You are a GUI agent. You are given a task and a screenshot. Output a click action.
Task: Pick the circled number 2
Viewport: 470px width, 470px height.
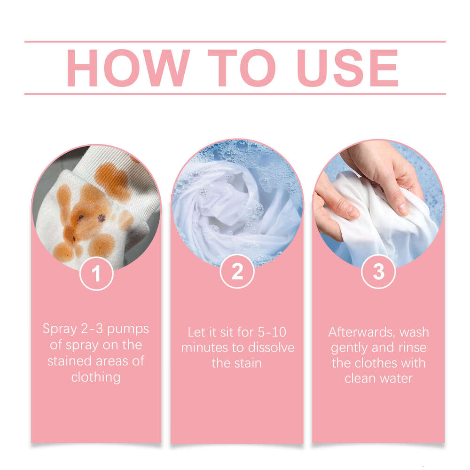237,272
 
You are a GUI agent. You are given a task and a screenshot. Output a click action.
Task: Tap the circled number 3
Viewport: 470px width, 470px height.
378,272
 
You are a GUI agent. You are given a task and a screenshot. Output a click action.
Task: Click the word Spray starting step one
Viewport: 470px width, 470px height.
59,329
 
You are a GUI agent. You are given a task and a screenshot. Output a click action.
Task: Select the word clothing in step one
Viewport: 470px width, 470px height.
96,377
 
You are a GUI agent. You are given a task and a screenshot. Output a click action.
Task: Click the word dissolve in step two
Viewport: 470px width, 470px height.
272,348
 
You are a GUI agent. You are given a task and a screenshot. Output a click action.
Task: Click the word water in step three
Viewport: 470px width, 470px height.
398,378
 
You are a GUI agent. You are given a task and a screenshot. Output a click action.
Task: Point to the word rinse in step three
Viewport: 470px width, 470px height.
411,348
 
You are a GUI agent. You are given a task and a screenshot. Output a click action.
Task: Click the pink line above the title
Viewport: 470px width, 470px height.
235,41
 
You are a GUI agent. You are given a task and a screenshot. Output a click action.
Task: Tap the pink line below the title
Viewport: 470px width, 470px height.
235,94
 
